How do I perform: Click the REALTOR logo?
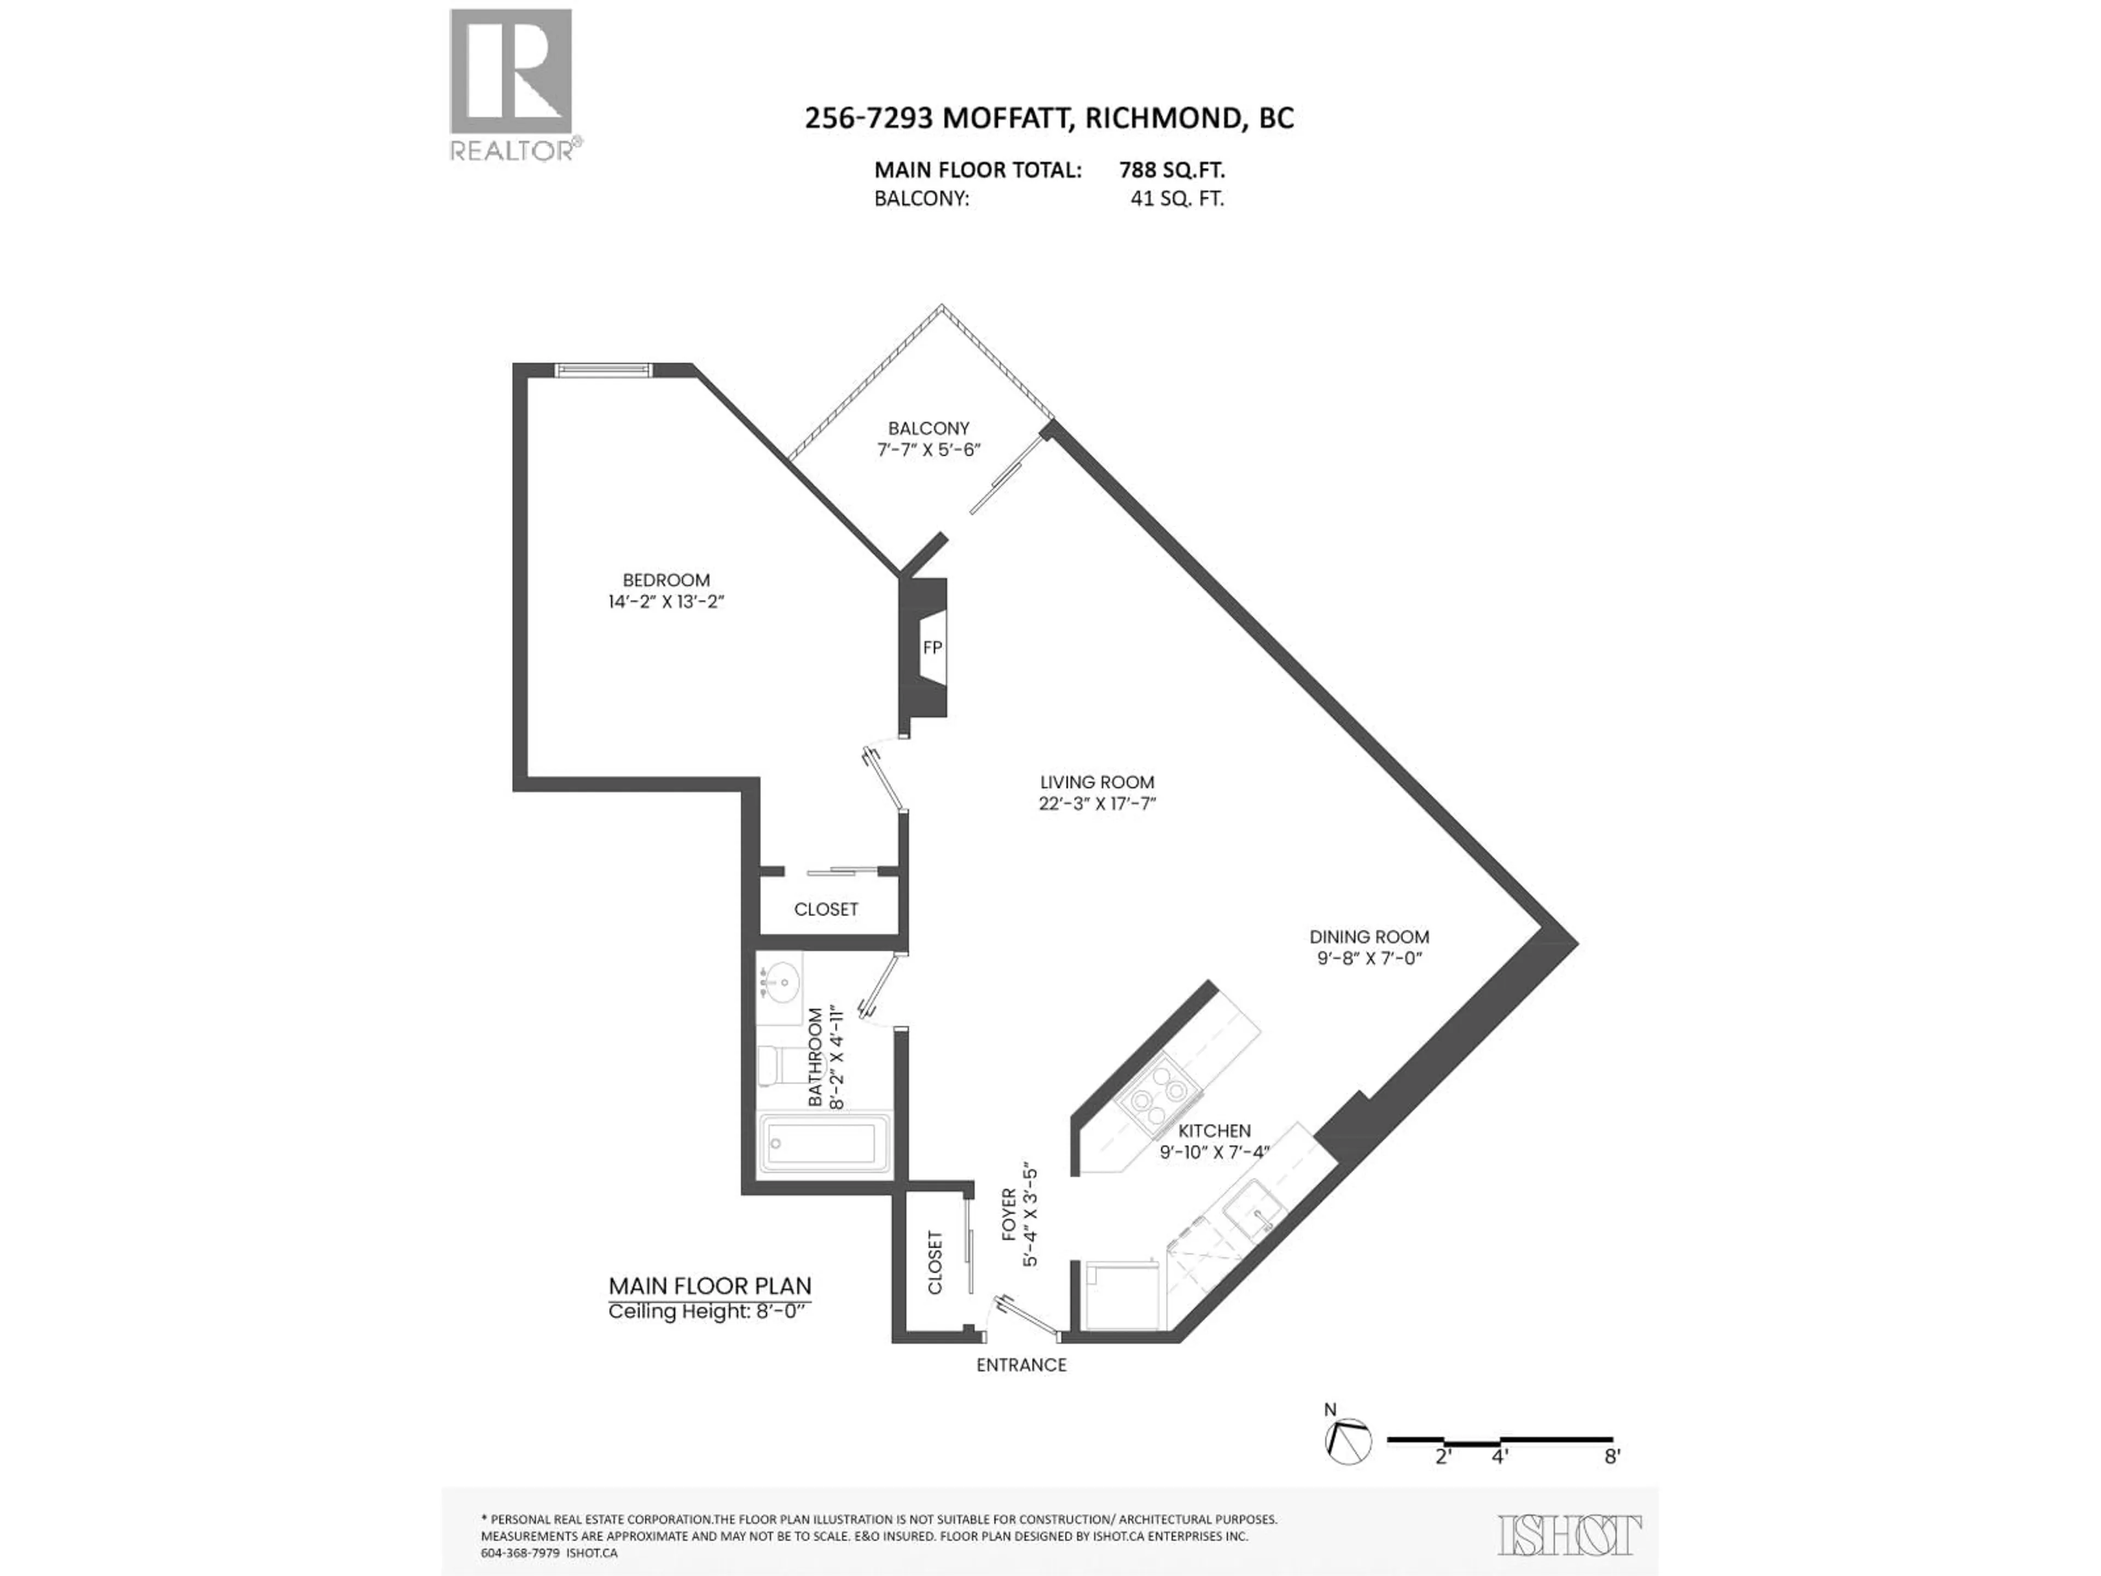tap(511, 85)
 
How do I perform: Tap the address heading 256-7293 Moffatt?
tap(1049, 118)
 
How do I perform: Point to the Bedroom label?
tap(666, 580)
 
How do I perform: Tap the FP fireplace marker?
tap(932, 647)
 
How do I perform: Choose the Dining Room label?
tap(1369, 937)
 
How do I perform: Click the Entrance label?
tap(1021, 1365)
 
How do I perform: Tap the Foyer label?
tap(1009, 1214)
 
